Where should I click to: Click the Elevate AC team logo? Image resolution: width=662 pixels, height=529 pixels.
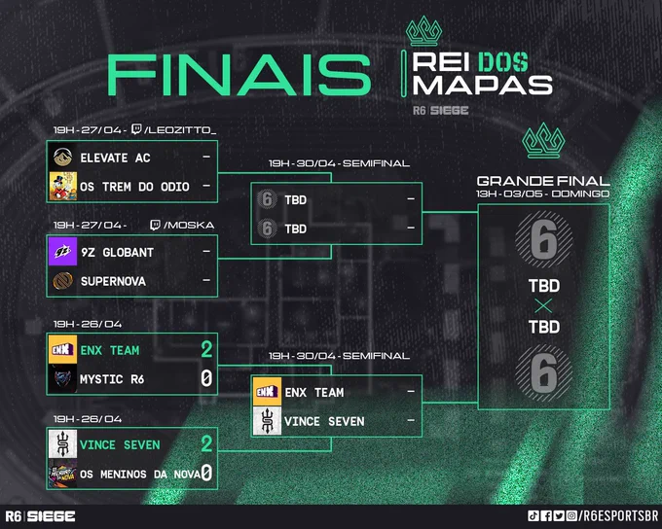click(x=62, y=158)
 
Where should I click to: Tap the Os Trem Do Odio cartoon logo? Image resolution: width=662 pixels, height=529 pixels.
click(x=63, y=186)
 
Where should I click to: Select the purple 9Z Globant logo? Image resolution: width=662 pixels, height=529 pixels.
click(x=63, y=252)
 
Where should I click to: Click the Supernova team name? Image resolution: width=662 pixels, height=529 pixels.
click(x=113, y=281)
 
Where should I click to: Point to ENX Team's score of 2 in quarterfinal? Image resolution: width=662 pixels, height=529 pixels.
click(x=206, y=349)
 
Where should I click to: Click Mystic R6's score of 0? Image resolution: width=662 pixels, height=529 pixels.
click(x=206, y=378)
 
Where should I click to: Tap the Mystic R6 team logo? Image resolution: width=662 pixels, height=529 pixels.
click(x=63, y=379)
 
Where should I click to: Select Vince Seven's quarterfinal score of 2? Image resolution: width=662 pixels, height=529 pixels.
click(x=206, y=443)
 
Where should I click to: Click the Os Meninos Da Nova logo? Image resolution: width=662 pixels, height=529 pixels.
click(x=63, y=474)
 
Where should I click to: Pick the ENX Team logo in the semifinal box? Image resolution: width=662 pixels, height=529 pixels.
click(x=268, y=392)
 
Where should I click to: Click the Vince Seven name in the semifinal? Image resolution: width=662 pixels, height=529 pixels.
click(x=324, y=421)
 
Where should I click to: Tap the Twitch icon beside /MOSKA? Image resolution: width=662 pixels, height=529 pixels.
click(x=155, y=225)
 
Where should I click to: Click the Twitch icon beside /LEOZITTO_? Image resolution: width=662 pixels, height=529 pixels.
click(x=136, y=129)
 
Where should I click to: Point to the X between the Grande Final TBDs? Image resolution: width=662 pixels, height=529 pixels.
click(x=543, y=306)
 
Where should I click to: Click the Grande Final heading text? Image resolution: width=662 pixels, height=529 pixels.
click(x=543, y=181)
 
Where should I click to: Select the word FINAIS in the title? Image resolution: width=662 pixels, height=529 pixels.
click(x=239, y=75)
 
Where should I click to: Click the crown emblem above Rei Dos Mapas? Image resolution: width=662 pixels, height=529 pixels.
click(x=423, y=31)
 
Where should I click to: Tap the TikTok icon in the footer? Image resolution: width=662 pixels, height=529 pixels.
click(x=533, y=515)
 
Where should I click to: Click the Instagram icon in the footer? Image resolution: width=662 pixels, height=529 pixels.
click(x=571, y=515)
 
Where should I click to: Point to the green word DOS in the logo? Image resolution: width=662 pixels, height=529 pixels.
click(x=503, y=62)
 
